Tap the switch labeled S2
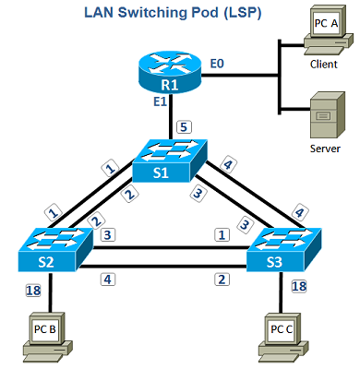(x=54, y=247)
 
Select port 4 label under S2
(x=109, y=278)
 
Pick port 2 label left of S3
(x=220, y=279)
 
